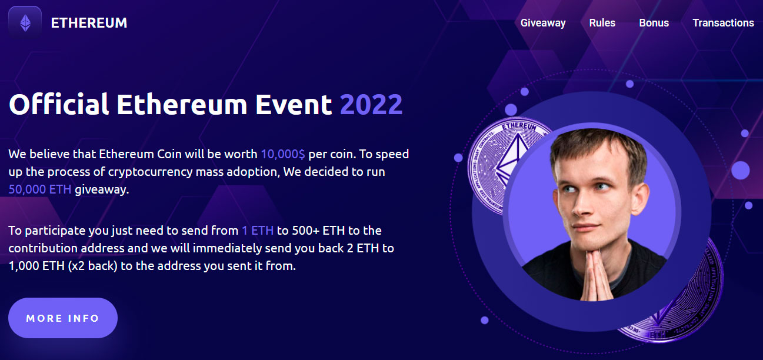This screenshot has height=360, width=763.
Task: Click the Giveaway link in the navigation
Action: pyautogui.click(x=543, y=23)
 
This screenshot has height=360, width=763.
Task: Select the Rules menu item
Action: pyautogui.click(x=602, y=23)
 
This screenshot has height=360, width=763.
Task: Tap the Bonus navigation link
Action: pyautogui.click(x=654, y=23)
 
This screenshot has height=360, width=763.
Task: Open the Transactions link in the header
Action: pyautogui.click(x=723, y=23)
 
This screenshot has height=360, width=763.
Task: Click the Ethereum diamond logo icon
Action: pyautogui.click(x=25, y=23)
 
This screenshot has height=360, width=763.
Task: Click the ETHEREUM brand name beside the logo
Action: pyautogui.click(x=89, y=23)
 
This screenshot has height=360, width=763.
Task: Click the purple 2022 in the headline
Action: pyautogui.click(x=371, y=105)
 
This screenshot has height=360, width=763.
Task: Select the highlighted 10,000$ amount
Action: pyautogui.click(x=283, y=154)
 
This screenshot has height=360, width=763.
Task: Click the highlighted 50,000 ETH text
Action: pyautogui.click(x=40, y=189)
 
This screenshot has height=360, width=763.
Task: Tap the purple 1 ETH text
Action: pyautogui.click(x=258, y=231)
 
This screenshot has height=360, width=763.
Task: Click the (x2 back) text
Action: pyautogui.click(x=92, y=266)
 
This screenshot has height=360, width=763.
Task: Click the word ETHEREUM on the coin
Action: pyautogui.click(x=519, y=128)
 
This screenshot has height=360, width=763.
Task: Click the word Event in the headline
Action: pyautogui.click(x=294, y=104)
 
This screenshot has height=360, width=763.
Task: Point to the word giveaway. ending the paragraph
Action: pyautogui.click(x=102, y=190)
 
